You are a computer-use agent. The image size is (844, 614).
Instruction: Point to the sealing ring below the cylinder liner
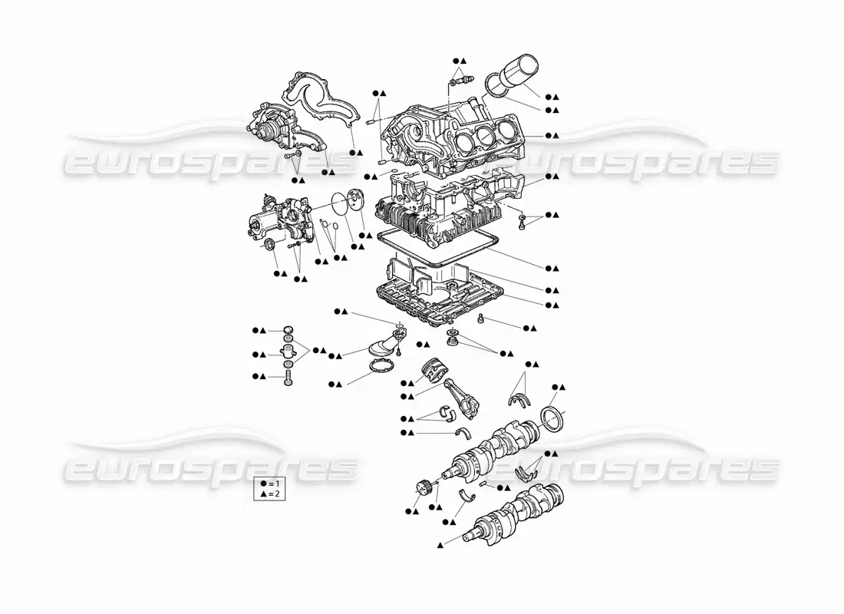[x=497, y=87]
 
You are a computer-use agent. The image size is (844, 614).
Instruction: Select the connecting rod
[x=462, y=396]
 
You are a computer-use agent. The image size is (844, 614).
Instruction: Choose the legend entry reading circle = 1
[x=269, y=484]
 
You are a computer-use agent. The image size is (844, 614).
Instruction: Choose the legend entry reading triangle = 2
[x=269, y=494]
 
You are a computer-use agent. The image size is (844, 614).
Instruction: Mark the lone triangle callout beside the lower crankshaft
[x=441, y=546]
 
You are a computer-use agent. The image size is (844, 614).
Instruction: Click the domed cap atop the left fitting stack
[x=288, y=329]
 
